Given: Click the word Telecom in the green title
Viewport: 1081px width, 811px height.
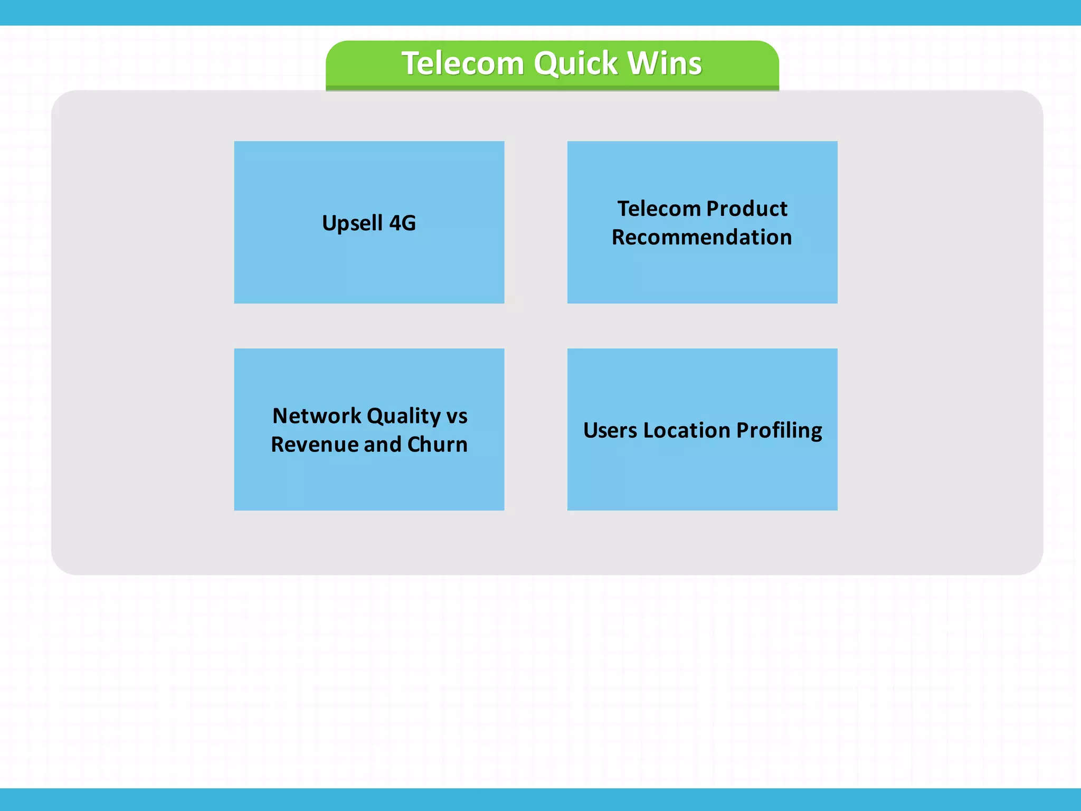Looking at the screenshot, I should pyautogui.click(x=462, y=64).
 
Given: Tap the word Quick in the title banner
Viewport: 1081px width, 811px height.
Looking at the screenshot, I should pyautogui.click(x=575, y=64).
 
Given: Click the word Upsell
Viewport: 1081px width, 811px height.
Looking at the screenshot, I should pyautogui.click(x=352, y=223).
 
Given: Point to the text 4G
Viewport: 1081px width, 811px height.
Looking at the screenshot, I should pyautogui.click(x=402, y=223).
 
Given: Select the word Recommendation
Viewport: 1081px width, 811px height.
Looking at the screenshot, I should pyautogui.click(x=701, y=237).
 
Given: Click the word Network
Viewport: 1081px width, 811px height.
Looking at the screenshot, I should pyautogui.click(x=316, y=416).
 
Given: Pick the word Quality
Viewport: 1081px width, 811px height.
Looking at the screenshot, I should pyautogui.click(x=403, y=416).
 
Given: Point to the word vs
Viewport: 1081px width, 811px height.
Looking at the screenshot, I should pyautogui.click(x=457, y=417).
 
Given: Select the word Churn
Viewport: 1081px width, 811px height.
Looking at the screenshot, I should pyautogui.click(x=438, y=445).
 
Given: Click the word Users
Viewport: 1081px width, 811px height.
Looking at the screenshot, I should pyautogui.click(x=610, y=430).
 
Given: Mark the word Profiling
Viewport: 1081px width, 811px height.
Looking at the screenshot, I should pyautogui.click(x=779, y=431).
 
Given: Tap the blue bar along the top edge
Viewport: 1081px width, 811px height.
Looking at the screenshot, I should pyautogui.click(x=540, y=12).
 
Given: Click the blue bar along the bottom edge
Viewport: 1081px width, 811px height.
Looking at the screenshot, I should pyautogui.click(x=540, y=799).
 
